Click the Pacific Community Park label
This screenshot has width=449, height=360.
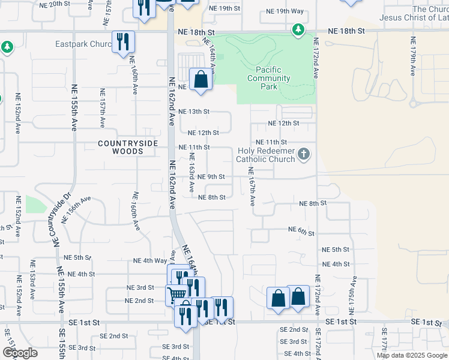click(269, 79)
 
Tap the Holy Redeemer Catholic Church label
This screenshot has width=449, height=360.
click(265, 155)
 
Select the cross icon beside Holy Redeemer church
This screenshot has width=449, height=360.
click(304, 155)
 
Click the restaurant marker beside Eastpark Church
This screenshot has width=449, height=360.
click(123, 42)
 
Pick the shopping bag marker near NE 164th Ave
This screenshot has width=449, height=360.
click(200, 80)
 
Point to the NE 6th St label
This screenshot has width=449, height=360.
click(301, 230)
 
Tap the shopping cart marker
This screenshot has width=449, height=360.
click(176, 294)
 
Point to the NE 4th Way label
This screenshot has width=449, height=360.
click(149, 260)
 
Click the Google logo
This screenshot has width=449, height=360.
click(20, 353)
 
